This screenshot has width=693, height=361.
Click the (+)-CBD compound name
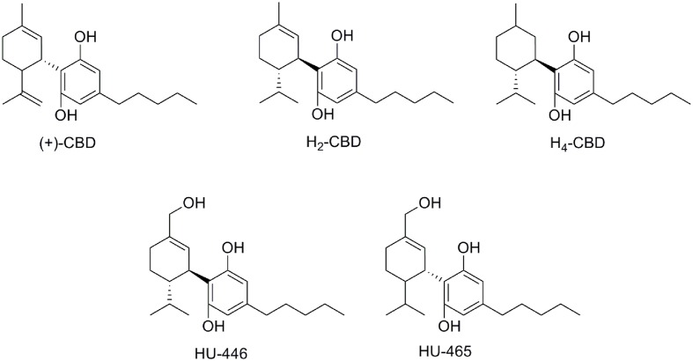67,144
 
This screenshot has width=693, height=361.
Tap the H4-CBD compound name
578,144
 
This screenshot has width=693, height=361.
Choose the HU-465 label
445,351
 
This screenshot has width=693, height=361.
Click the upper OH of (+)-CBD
85,37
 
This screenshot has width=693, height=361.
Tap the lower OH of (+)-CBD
66,115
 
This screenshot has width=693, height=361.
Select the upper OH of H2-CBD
343,36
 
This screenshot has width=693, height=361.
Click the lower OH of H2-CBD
322,115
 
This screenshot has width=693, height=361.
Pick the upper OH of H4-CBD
580,36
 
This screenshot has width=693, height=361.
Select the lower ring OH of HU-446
214,327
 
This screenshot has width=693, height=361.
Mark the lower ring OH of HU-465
449,327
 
